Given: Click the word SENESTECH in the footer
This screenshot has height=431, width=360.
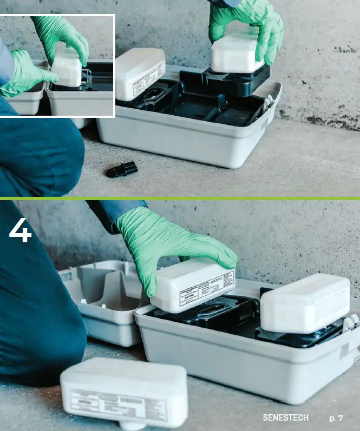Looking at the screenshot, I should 285,418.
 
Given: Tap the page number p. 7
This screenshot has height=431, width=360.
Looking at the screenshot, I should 336,418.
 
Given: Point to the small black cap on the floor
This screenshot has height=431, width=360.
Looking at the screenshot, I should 122,169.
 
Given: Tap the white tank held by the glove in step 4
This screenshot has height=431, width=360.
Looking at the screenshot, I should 193,286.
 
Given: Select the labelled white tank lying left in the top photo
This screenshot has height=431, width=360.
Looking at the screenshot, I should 140,73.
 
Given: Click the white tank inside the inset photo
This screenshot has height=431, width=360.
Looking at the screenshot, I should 67,69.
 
